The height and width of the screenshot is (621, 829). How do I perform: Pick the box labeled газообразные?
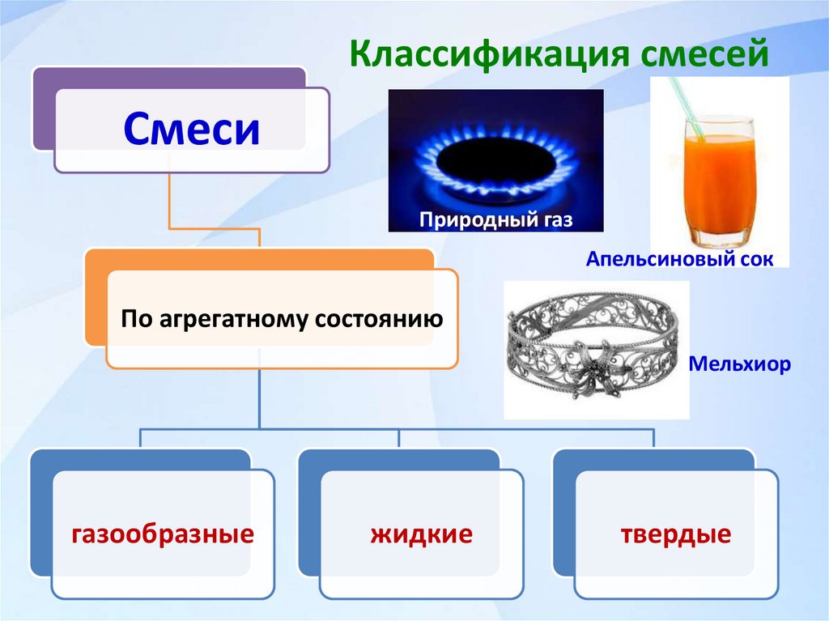tap(163, 534)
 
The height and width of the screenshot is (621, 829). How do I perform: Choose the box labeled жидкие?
tap(421, 534)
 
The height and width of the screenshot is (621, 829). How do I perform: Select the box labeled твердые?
tap(676, 534)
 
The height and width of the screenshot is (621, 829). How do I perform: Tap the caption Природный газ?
tap(495, 219)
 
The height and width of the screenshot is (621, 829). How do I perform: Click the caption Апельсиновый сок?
tap(681, 260)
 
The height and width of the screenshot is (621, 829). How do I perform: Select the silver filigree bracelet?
tap(596, 350)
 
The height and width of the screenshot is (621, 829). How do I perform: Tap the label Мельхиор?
tap(739, 364)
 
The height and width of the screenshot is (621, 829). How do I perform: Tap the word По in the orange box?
tap(134, 318)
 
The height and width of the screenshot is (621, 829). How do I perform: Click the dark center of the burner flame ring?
tap(495, 154)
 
